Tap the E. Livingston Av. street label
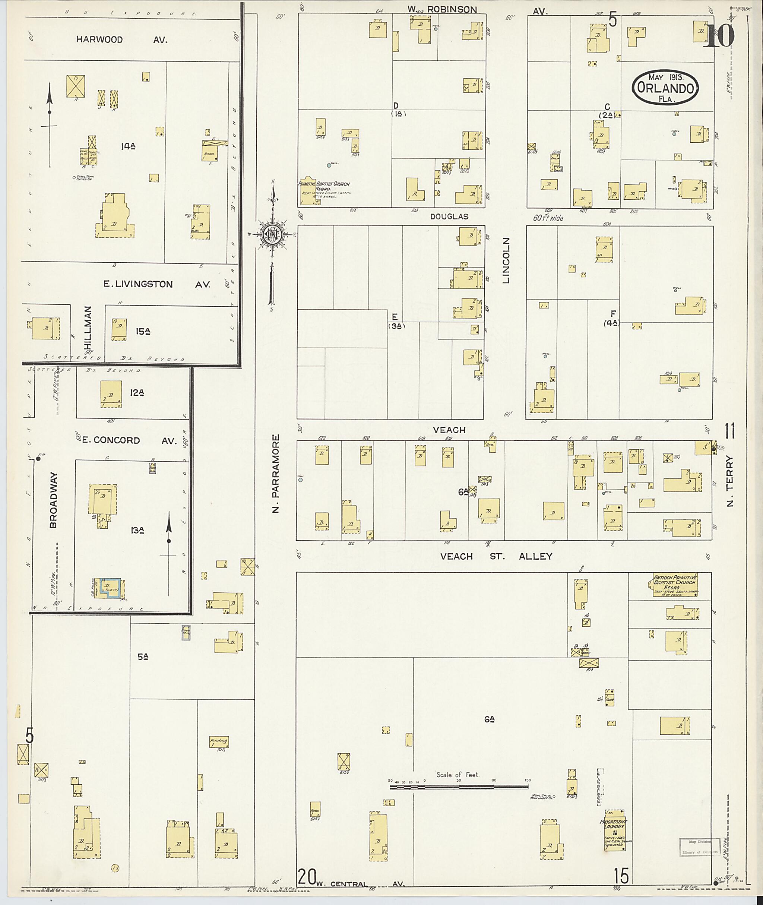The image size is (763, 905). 156,284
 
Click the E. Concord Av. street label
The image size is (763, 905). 129,440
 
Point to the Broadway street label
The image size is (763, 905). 53,500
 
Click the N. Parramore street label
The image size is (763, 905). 276,473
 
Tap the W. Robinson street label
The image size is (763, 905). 442,10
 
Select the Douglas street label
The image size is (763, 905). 449,216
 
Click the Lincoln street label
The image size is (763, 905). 506,260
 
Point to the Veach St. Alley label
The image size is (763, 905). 496,556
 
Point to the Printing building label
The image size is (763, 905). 219,740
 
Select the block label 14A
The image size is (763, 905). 129,146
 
